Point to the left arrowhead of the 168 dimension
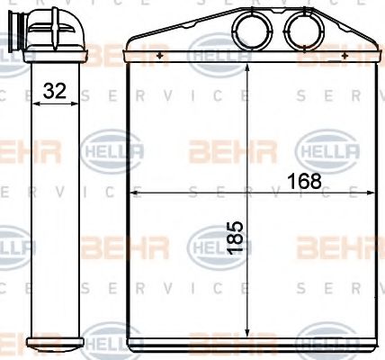tap(133, 193)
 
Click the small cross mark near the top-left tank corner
tap(158, 56)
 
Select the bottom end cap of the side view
tap(55, 342)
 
